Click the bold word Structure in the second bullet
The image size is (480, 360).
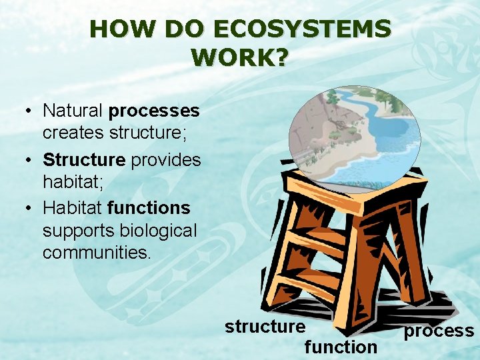pos(84,160)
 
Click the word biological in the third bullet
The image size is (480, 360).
pos(159,230)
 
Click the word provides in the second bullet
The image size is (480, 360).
pos(165,160)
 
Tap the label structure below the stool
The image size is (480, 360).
pos(265,327)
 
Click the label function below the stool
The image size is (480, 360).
pos(341,347)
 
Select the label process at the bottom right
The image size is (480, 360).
pos(439,331)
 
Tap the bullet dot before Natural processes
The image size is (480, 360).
pos(31,110)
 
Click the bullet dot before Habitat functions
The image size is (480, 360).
pos(31,209)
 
